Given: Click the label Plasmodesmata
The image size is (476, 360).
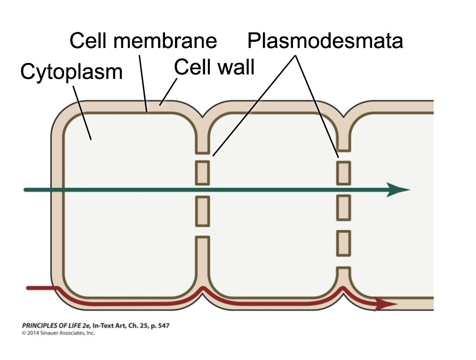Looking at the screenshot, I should [x=325, y=41].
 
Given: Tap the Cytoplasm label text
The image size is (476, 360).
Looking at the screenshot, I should [x=71, y=72].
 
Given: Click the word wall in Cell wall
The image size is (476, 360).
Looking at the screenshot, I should [x=235, y=68].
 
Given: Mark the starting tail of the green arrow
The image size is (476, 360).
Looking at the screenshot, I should [x=27, y=189].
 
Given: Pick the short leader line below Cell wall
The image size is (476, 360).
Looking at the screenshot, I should [x=169, y=92].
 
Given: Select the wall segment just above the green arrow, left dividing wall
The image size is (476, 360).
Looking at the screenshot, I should [x=202, y=172].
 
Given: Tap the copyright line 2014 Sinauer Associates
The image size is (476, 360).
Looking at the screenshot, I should [x=58, y=333].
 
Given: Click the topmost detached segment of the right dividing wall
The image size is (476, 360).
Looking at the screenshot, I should [x=344, y=172].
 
